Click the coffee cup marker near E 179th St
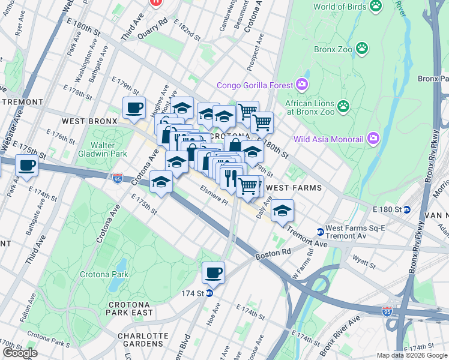click(x=134, y=109)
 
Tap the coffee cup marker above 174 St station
click(x=213, y=273)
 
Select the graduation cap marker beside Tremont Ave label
click(x=282, y=211)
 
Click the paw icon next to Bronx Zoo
click(x=362, y=47)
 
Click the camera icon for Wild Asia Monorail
click(x=373, y=139)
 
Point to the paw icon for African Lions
click(x=343, y=107)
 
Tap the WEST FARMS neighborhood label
click(x=294, y=188)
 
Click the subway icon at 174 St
click(x=209, y=293)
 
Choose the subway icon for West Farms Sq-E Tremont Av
click(x=320, y=232)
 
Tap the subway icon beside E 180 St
click(x=406, y=209)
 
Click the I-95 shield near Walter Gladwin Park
click(x=118, y=178)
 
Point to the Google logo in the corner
click(x=19, y=352)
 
